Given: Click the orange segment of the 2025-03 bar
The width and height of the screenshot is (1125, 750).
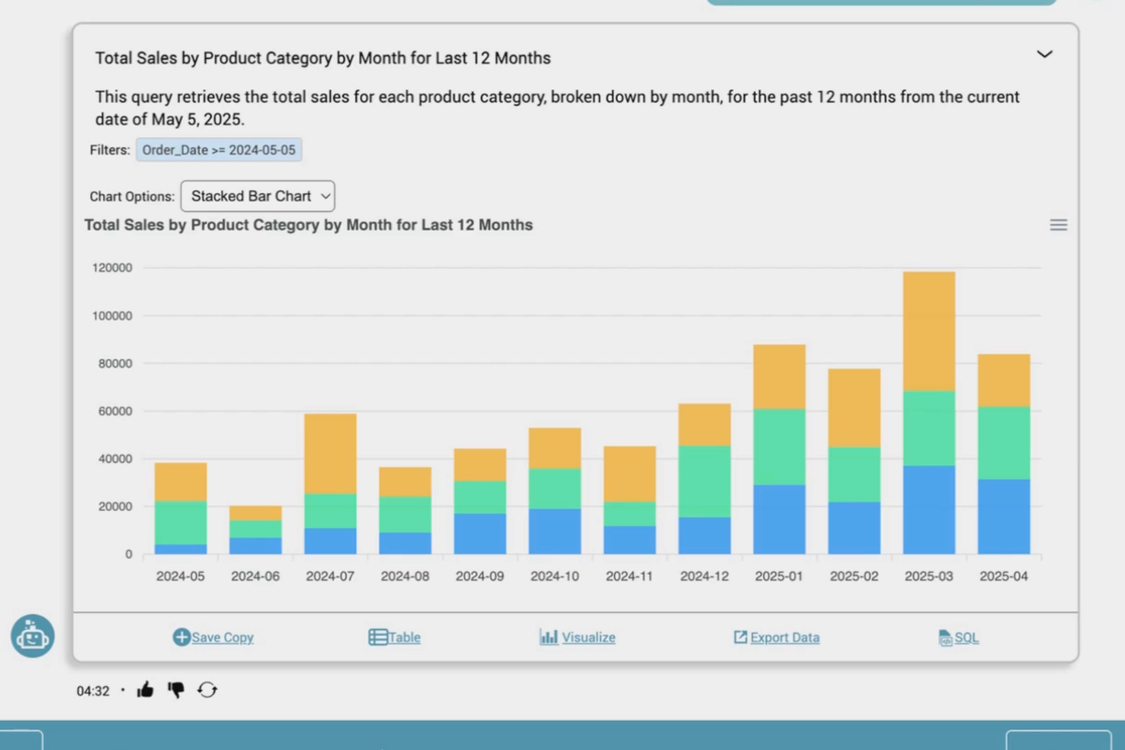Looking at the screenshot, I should pyautogui.click(x=929, y=331).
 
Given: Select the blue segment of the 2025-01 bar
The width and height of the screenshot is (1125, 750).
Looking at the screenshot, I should pyautogui.click(x=779, y=518).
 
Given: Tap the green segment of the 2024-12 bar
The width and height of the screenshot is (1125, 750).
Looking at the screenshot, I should pyautogui.click(x=704, y=481).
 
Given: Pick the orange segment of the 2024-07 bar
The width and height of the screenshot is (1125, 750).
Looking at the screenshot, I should pyautogui.click(x=330, y=453).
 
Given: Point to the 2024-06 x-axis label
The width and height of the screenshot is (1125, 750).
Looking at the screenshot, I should pyautogui.click(x=255, y=577).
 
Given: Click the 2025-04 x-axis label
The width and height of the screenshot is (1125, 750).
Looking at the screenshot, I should pyautogui.click(x=1004, y=577).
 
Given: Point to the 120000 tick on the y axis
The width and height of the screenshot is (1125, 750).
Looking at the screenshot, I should pyautogui.click(x=112, y=268).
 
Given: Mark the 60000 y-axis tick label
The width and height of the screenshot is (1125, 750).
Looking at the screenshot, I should pyautogui.click(x=115, y=412).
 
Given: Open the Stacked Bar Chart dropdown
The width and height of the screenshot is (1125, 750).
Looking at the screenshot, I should pyautogui.click(x=258, y=196).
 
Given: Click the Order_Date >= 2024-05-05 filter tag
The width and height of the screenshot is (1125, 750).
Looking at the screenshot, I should pyautogui.click(x=219, y=150).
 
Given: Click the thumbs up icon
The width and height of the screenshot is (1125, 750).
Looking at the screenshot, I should pyautogui.click(x=145, y=690).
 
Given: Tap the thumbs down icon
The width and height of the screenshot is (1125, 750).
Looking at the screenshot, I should pyautogui.click(x=175, y=690).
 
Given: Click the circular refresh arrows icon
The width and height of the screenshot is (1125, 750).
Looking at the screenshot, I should pyautogui.click(x=207, y=690).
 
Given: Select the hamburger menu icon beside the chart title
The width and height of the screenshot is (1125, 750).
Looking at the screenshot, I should pyautogui.click(x=1058, y=225).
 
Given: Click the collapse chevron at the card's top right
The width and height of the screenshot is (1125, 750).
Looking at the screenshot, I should pyautogui.click(x=1044, y=54).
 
